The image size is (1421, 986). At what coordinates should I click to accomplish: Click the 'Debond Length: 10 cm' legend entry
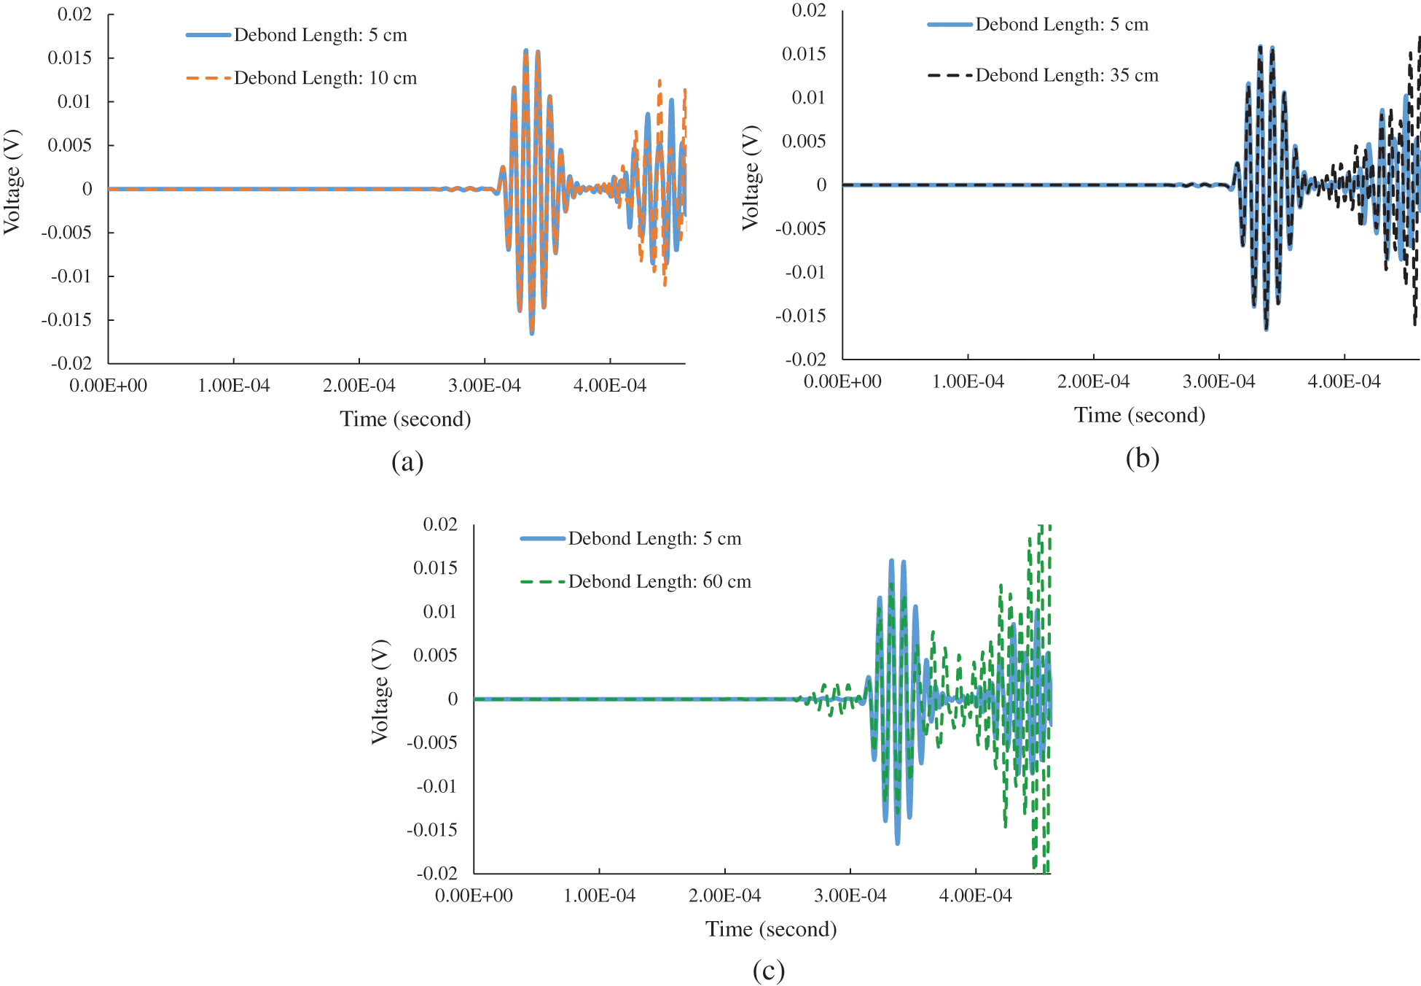point(325,78)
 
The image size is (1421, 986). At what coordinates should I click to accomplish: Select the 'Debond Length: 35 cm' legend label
point(1066,75)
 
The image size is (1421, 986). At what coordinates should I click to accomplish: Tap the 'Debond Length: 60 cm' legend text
point(659,581)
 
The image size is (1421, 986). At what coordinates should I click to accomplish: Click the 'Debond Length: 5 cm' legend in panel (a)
point(320,35)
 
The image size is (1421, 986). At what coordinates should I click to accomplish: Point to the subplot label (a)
point(407,462)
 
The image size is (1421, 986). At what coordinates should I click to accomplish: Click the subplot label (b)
point(1142,458)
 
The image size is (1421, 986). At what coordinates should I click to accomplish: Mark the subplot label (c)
point(769,971)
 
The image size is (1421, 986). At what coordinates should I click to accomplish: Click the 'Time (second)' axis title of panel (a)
point(405,419)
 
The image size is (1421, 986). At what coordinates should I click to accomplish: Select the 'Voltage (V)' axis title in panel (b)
point(751,178)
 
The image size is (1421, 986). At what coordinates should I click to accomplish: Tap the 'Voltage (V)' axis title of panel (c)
point(380,692)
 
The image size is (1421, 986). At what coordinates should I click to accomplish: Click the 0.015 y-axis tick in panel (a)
point(70,58)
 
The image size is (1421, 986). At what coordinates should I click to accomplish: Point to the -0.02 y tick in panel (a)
point(71,363)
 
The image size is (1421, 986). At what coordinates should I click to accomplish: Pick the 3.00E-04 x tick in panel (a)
point(485,386)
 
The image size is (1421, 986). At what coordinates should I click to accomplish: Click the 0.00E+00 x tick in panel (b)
point(842,381)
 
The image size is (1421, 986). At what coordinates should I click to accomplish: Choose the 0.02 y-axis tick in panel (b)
point(809,10)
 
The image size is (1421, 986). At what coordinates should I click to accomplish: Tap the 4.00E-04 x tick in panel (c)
point(975,896)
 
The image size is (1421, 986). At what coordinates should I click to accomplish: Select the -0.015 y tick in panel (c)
point(432,830)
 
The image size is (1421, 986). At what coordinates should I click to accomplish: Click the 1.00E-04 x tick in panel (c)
point(599,896)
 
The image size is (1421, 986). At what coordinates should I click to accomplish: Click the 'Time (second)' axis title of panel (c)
point(771,929)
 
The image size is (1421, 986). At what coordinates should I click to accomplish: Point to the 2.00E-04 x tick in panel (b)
point(1093,381)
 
